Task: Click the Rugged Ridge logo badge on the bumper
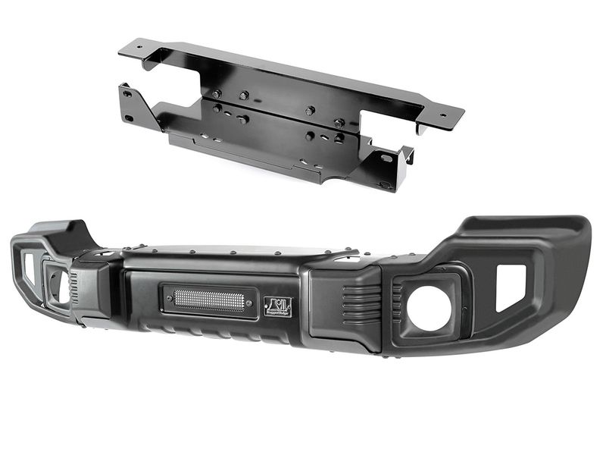276,306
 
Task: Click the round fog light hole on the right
430,309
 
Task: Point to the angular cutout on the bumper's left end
29,268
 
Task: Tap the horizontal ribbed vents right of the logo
357,304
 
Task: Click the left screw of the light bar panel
164,298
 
